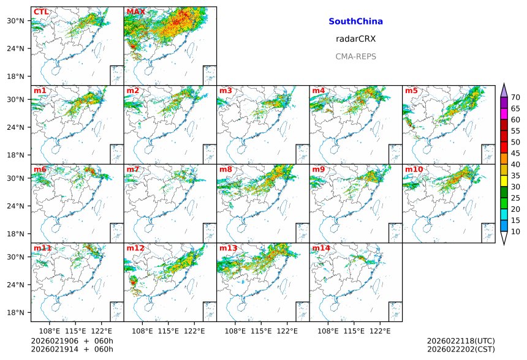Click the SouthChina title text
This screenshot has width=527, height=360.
click(355, 21)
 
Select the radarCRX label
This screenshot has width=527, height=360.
click(355, 39)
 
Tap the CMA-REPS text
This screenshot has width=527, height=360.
click(355, 56)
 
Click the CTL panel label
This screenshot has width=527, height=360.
click(41, 12)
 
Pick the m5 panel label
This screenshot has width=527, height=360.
click(411, 91)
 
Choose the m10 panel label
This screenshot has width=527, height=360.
click(413, 170)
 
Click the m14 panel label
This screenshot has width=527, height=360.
click(320, 248)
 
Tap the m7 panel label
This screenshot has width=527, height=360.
click(132, 170)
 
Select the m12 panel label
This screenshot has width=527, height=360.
click(135, 248)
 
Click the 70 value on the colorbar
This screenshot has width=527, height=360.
click(515, 97)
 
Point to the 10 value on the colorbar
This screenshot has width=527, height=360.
click(515, 231)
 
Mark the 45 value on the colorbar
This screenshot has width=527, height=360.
click(515, 153)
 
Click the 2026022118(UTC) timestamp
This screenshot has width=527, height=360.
click(461, 340)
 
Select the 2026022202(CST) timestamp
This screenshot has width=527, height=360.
click(461, 349)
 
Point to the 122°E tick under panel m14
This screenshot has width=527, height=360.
click(380, 331)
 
